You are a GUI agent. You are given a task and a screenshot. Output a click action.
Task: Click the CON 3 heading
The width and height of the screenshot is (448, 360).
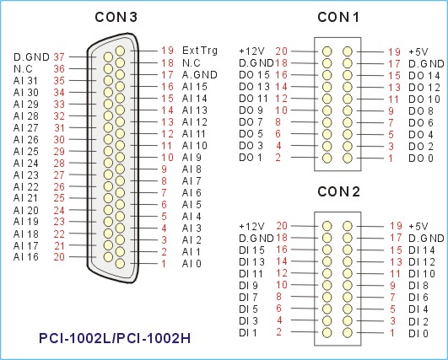click(x=116, y=17)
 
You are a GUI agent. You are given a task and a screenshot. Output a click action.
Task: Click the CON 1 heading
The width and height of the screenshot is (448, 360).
click(x=338, y=17)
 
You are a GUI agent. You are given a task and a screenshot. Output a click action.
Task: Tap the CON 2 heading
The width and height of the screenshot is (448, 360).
click(x=338, y=191)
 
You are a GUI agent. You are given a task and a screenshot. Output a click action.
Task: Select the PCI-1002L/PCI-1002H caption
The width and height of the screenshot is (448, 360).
click(x=115, y=338)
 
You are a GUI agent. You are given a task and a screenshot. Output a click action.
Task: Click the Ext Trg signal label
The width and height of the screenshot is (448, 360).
click(x=200, y=51)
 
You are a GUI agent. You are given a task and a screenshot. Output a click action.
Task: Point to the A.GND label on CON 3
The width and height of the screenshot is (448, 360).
click(x=200, y=75)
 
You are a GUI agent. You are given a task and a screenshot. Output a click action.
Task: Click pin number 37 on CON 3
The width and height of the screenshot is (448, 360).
click(x=59, y=57)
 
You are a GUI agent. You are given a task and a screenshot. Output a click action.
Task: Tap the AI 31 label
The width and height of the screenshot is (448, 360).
click(x=25, y=81)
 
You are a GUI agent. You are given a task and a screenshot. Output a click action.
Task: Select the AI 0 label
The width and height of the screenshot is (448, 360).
click(x=192, y=264)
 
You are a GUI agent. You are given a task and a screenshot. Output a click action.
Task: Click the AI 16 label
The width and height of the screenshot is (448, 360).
click(x=25, y=257)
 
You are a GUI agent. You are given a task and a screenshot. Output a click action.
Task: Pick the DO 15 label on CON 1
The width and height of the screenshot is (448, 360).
click(x=254, y=75)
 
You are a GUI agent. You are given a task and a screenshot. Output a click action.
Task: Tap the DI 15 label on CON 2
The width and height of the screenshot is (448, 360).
click(x=251, y=250)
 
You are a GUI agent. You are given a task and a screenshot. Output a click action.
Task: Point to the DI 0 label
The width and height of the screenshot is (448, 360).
click(x=418, y=333)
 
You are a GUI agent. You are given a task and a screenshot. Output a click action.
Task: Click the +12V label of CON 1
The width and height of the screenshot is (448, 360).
click(x=251, y=51)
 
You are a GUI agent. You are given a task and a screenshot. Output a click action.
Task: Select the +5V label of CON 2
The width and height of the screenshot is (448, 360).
click(x=418, y=227)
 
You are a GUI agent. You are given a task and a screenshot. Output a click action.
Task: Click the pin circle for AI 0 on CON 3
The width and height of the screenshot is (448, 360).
click(x=121, y=263)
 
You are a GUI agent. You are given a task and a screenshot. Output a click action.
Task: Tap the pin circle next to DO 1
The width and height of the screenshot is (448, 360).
click(x=327, y=158)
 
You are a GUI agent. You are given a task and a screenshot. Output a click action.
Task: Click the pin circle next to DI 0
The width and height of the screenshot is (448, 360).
click(x=348, y=332)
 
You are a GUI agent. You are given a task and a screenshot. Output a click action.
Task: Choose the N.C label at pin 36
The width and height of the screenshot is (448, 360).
click(x=23, y=69)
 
